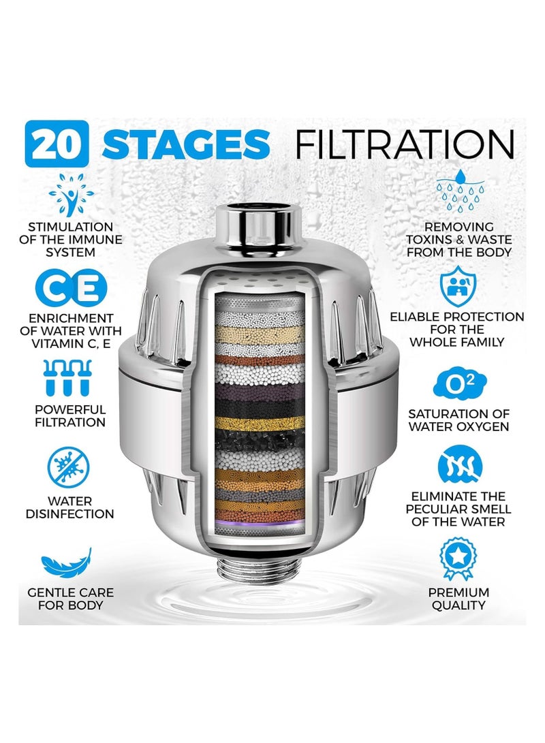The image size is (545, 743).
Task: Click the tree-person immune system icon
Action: coord(71,195)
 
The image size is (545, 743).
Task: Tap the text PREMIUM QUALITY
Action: coord(458,599)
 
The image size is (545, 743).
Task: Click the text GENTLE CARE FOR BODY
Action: coord(70,599)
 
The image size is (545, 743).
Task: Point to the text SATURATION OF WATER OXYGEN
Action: coord(458,420)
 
